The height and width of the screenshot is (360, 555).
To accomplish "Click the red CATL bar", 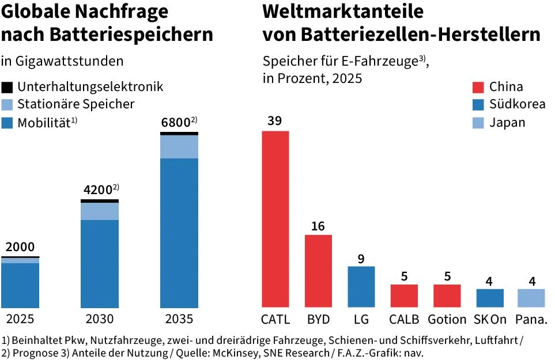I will pos(275,219).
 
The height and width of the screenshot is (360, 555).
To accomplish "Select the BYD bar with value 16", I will pos(318,271).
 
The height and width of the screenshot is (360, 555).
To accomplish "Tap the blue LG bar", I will pos(361,286).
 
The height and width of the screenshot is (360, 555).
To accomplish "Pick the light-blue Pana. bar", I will pos(531,298).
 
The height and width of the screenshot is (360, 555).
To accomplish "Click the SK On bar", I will pos(489,298).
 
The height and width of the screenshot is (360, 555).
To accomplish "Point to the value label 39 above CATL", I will pos(275,121).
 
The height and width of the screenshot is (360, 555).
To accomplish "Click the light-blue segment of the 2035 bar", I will pos(179,146).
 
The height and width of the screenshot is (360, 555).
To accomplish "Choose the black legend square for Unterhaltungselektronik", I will pos(7,87).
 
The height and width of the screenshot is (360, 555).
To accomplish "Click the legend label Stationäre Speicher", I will pos(75,104).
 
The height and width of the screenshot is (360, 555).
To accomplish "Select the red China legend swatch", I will pos(478,87).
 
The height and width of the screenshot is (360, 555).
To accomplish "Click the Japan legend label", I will pos(507,122).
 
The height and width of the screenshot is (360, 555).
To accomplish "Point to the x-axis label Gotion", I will pos(447,319).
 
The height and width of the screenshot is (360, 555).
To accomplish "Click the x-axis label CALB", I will pos(403,319).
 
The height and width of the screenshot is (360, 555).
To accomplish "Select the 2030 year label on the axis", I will pos(99,319).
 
